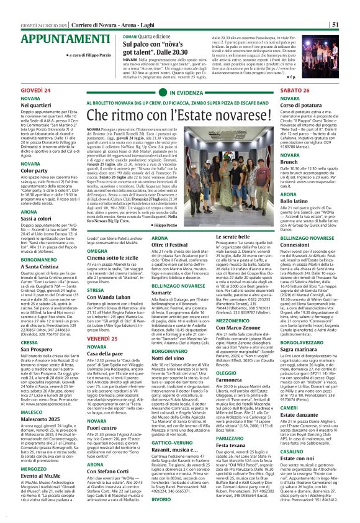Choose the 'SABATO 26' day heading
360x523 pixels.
pyautogui.click(x=295, y=91)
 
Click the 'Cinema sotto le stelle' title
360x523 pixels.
pyautogui.click(x=114, y=257)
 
